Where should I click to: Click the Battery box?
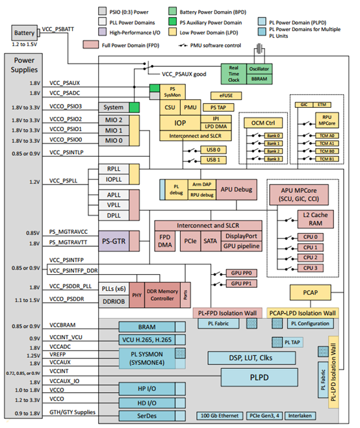(x=24, y=32)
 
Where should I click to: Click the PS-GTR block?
(x=116, y=242)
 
